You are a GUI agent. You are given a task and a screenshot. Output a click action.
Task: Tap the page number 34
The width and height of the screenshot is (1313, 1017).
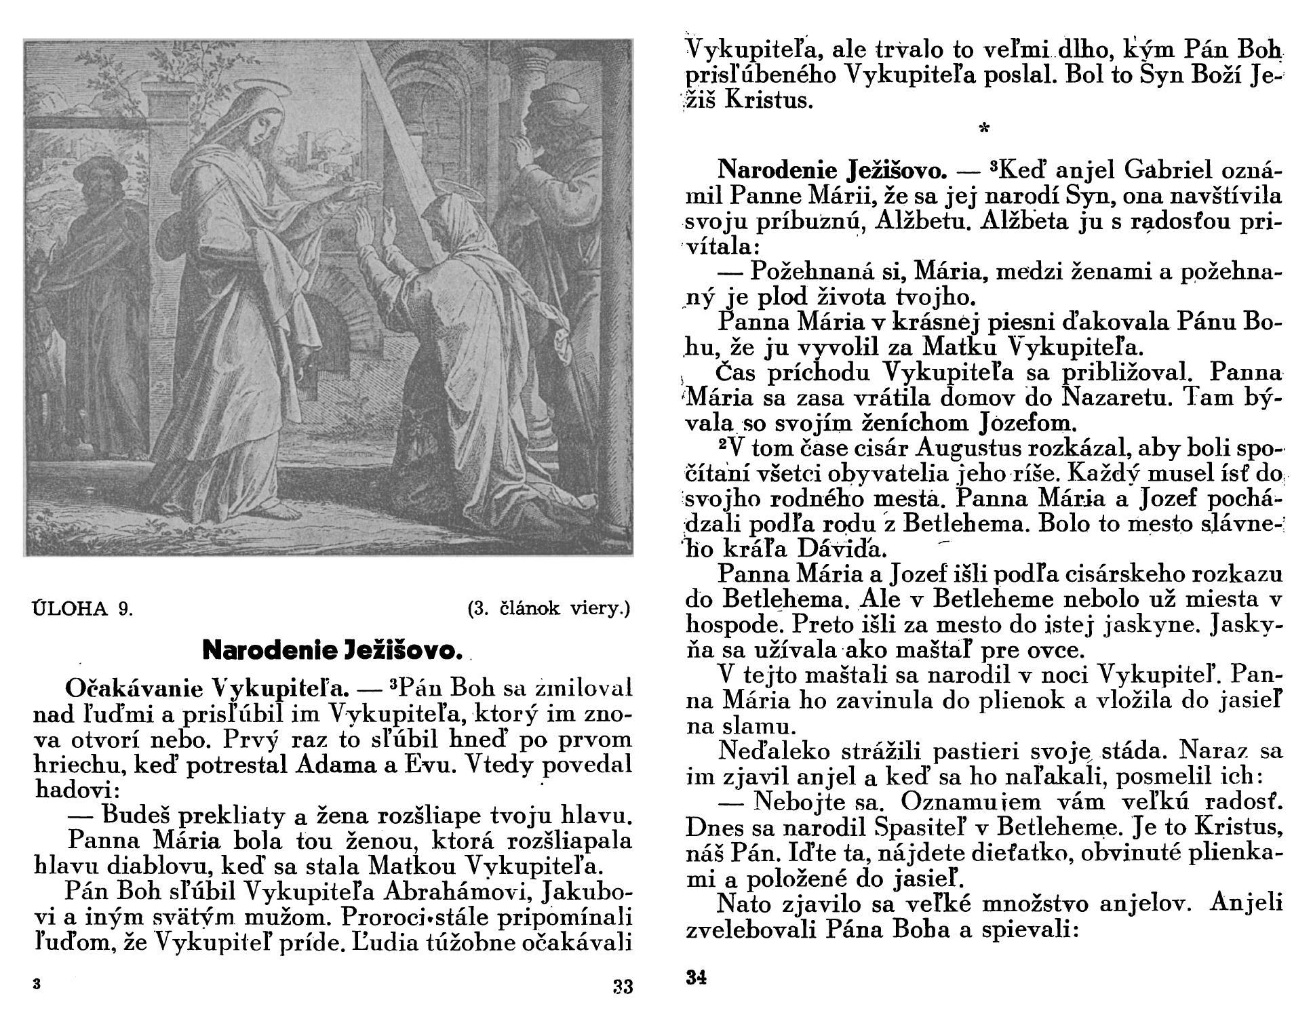pos(697,978)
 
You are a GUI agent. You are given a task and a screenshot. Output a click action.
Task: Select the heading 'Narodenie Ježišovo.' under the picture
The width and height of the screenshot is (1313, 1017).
pos(333,650)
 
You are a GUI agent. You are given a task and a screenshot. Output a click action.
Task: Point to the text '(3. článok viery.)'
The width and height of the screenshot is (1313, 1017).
pos(549,608)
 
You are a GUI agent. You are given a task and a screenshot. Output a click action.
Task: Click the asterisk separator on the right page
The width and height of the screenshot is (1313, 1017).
pos(982,128)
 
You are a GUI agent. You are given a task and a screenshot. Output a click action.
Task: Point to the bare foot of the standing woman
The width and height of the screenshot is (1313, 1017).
pos(285,510)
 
